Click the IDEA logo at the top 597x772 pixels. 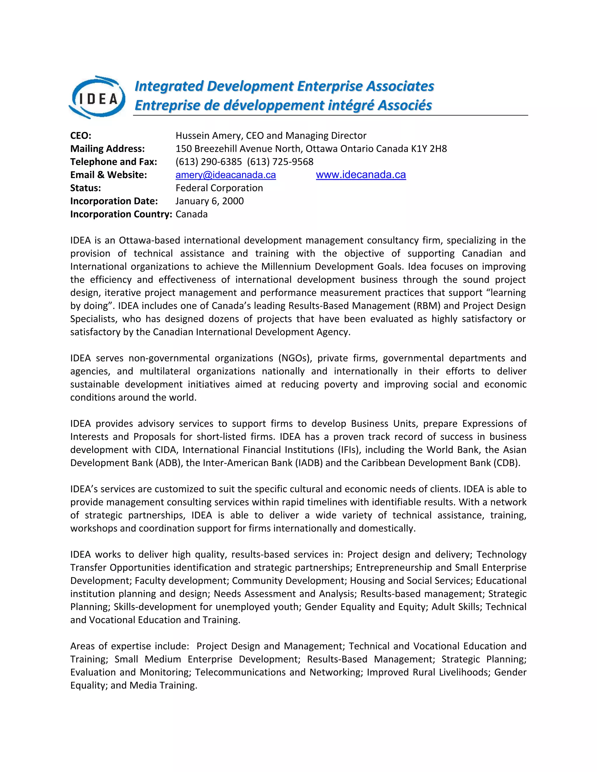click(x=97, y=97)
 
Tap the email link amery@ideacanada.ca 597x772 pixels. click(x=226, y=175)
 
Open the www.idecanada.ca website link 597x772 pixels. click(x=361, y=175)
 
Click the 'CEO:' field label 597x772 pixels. click(x=81, y=136)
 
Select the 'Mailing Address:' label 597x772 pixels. click(x=108, y=149)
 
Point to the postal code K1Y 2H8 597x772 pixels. click(x=429, y=149)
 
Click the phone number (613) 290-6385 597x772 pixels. click(x=209, y=162)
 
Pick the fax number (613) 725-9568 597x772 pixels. click(x=280, y=162)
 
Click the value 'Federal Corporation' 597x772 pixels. click(x=219, y=188)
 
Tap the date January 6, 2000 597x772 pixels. click(x=209, y=201)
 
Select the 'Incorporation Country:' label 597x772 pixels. click(x=121, y=214)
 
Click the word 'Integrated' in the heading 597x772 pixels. click(x=169, y=86)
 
